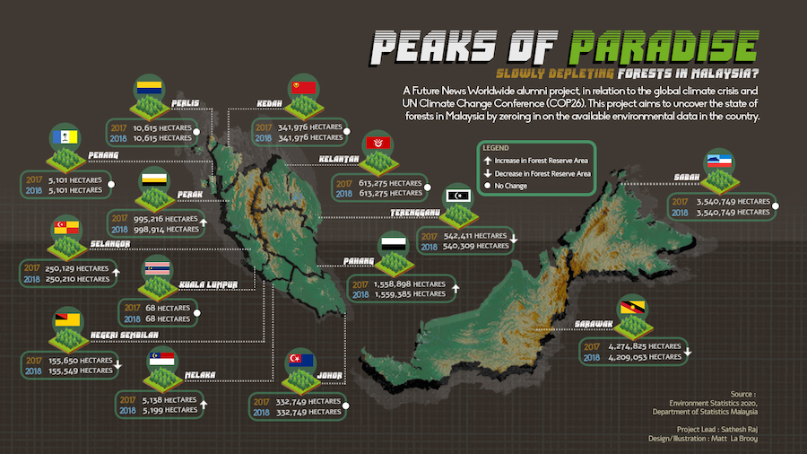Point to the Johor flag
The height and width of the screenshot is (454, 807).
tap(299, 361)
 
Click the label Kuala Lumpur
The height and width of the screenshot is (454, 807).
tap(207, 286)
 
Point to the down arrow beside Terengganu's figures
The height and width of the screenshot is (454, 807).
tap(515, 240)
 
